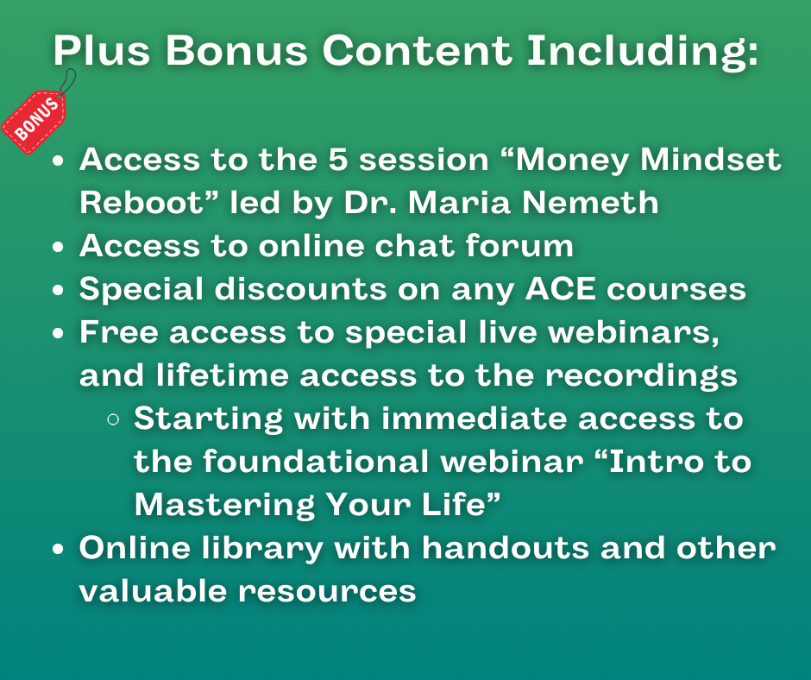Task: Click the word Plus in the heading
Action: [102, 50]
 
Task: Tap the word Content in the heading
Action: [418, 50]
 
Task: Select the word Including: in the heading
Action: [643, 52]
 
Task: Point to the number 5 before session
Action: [337, 159]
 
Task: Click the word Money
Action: [571, 161]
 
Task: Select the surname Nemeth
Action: [590, 202]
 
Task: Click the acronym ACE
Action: [560, 288]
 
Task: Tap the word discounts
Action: [300, 288]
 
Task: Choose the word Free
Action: [119, 331]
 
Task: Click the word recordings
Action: [641, 377]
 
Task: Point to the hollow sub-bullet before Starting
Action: [113, 419]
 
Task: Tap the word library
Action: [262, 549]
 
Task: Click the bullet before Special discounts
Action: [58, 290]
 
